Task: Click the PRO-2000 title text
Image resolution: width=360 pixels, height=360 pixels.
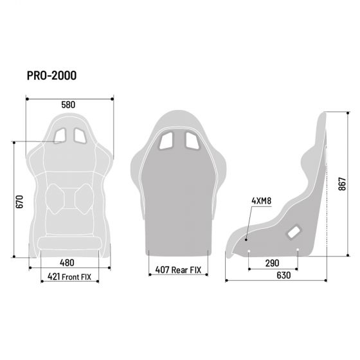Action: (51, 76)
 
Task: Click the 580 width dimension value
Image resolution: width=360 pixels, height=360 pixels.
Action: (69, 105)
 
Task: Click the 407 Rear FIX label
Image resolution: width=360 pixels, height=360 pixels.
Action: (178, 270)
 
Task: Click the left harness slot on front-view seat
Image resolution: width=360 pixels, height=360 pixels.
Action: (60, 135)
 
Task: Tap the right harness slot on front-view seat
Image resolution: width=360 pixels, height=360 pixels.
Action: (80, 135)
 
